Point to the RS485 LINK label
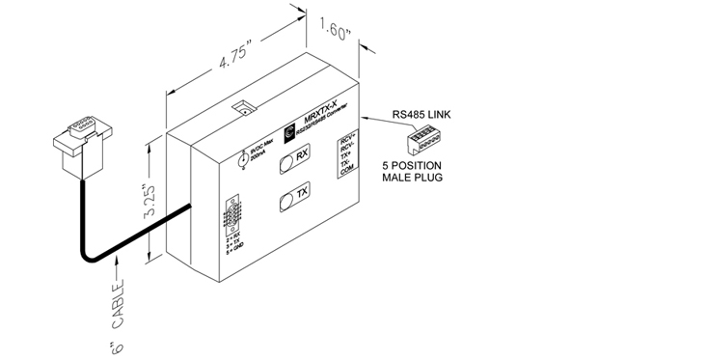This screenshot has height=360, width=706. tap(421, 114)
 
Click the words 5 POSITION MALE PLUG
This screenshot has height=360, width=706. tap(411, 173)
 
